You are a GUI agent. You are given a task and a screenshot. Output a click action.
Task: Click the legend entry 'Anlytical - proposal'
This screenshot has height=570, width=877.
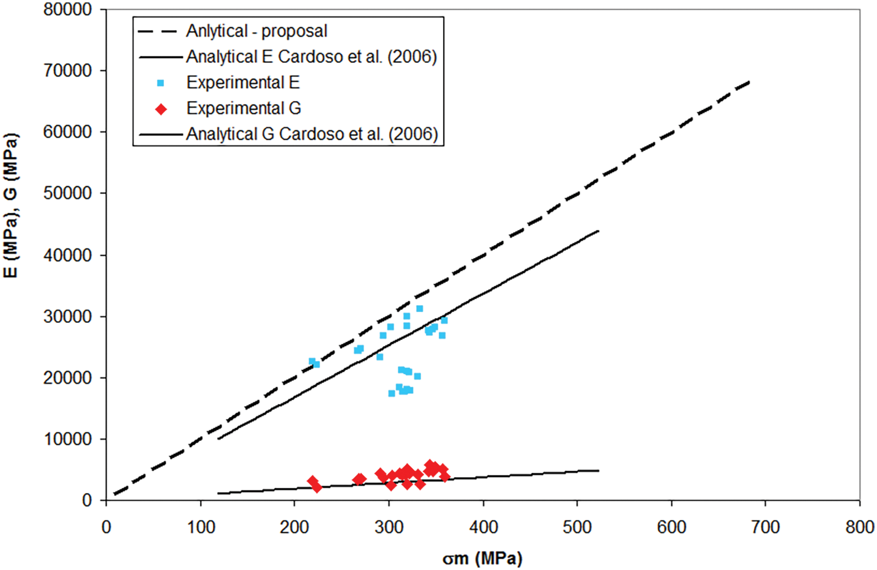click(256, 31)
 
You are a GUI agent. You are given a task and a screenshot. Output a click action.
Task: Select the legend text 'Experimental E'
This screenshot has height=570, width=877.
click(243, 83)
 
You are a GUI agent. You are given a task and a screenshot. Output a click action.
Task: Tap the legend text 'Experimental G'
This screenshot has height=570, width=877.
click(244, 108)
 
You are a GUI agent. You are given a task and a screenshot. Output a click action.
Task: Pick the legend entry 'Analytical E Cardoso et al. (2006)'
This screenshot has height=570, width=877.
click(312, 57)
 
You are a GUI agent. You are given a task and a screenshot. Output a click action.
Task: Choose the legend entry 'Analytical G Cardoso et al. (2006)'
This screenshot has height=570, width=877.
click(312, 134)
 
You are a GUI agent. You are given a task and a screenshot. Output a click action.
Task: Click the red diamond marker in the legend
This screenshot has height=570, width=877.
click(161, 109)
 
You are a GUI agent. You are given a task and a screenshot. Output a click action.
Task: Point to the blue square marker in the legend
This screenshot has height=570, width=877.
click(160, 83)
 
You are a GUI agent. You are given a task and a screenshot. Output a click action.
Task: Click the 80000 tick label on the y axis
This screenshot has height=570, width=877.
click(67, 10)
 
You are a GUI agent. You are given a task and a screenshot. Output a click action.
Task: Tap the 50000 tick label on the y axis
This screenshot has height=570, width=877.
click(67, 193)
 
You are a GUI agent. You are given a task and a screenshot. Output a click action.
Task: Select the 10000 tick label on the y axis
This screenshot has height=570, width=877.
click(67, 439)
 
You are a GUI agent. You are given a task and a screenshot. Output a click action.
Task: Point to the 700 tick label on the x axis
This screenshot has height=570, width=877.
click(766, 527)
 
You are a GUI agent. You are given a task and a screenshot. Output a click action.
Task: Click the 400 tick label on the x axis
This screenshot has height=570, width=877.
click(483, 527)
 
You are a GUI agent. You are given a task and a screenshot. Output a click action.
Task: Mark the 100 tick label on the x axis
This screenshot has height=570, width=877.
click(201, 527)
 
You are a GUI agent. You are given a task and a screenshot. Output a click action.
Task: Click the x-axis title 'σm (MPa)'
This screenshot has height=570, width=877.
click(482, 558)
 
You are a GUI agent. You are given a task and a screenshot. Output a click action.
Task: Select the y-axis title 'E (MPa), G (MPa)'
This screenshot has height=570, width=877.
click(11, 205)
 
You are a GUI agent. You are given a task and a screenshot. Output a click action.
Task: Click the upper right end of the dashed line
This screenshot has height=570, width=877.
click(749, 81)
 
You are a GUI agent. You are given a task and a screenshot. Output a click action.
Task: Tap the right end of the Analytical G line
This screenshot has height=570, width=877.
click(598, 470)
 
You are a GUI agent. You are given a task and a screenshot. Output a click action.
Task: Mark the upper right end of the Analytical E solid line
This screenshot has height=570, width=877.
click(598, 231)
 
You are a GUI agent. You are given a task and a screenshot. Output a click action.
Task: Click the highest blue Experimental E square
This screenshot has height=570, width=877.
click(419, 309)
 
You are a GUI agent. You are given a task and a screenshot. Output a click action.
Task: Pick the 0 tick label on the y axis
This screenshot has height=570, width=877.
click(86, 501)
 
